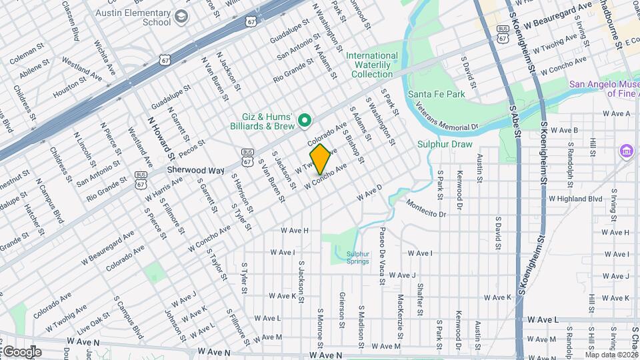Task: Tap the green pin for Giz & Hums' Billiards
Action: (305, 121)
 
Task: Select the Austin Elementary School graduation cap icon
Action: (180, 16)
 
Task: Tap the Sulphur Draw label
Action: (445, 144)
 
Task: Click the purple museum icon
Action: (626, 151)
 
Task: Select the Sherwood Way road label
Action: (195, 170)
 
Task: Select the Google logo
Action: (21, 352)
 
